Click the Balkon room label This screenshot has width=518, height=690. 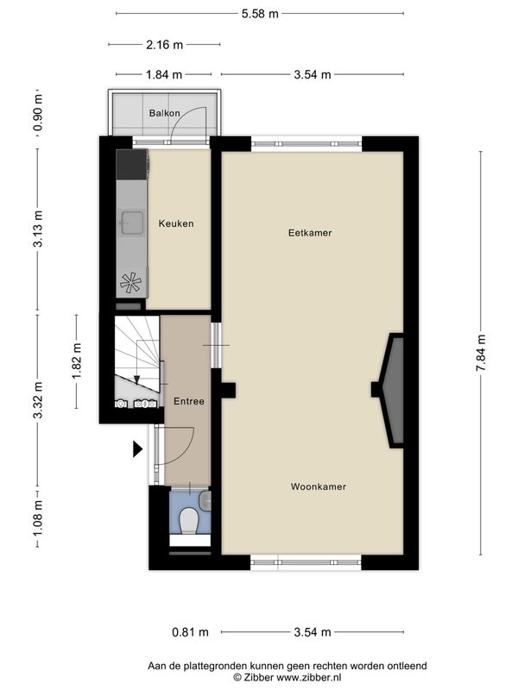164,113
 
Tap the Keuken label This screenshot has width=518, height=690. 176,223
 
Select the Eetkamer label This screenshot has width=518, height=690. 310,233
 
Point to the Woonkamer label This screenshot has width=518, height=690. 319,486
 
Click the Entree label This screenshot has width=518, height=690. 189,401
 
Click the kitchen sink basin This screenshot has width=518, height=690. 132,223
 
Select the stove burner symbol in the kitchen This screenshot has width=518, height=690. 131,283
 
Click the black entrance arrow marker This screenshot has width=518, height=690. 138,449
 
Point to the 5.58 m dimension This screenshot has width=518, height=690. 260,14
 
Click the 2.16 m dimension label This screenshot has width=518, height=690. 164,45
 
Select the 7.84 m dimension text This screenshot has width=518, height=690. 481,353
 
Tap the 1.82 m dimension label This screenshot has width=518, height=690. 77,361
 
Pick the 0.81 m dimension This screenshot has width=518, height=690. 190,632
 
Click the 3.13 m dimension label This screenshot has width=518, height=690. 38,229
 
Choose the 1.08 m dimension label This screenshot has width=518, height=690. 38,519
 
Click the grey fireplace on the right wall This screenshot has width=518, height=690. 394,391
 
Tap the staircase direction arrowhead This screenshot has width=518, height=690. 137,379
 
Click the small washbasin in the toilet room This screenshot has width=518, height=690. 205,501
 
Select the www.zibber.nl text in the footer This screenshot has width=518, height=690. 308,677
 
